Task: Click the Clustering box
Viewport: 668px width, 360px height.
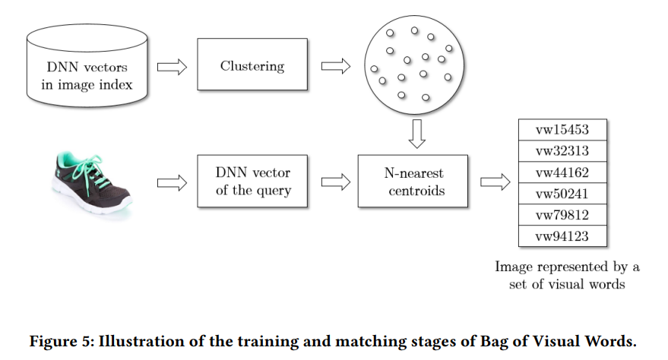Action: click(252, 67)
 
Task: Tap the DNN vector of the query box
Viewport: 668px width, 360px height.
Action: click(252, 182)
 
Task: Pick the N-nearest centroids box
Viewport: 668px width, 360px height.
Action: click(413, 182)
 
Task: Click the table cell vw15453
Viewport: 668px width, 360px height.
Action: click(562, 130)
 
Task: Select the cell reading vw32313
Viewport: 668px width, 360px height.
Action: click(562, 151)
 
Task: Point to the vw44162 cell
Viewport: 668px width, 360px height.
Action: click(562, 172)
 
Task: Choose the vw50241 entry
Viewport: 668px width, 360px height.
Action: click(562, 194)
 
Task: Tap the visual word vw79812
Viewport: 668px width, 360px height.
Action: click(562, 215)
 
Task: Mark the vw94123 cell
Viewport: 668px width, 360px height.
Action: click(562, 236)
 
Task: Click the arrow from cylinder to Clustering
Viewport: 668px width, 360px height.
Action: click(172, 67)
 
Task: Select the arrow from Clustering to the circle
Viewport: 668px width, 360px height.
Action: click(335, 67)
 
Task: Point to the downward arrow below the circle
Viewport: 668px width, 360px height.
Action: click(414, 132)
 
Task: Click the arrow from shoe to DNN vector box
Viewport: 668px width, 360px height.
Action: click(172, 182)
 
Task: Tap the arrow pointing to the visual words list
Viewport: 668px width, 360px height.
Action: click(494, 182)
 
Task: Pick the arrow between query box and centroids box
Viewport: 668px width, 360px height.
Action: click(335, 182)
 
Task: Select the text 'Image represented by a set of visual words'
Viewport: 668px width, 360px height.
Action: click(567, 275)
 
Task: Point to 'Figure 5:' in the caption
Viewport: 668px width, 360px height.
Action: click(61, 341)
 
